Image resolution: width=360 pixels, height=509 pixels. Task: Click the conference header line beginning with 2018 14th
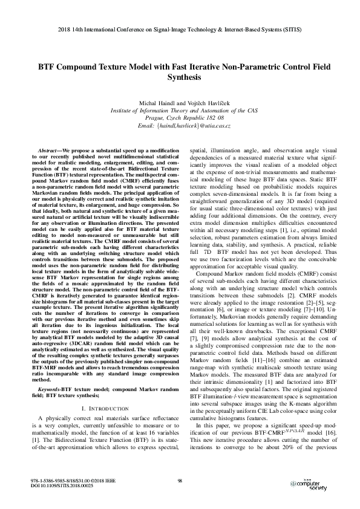(180, 28)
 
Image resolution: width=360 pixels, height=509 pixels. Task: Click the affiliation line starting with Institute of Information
(180, 111)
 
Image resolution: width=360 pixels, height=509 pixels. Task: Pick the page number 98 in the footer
(180, 481)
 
